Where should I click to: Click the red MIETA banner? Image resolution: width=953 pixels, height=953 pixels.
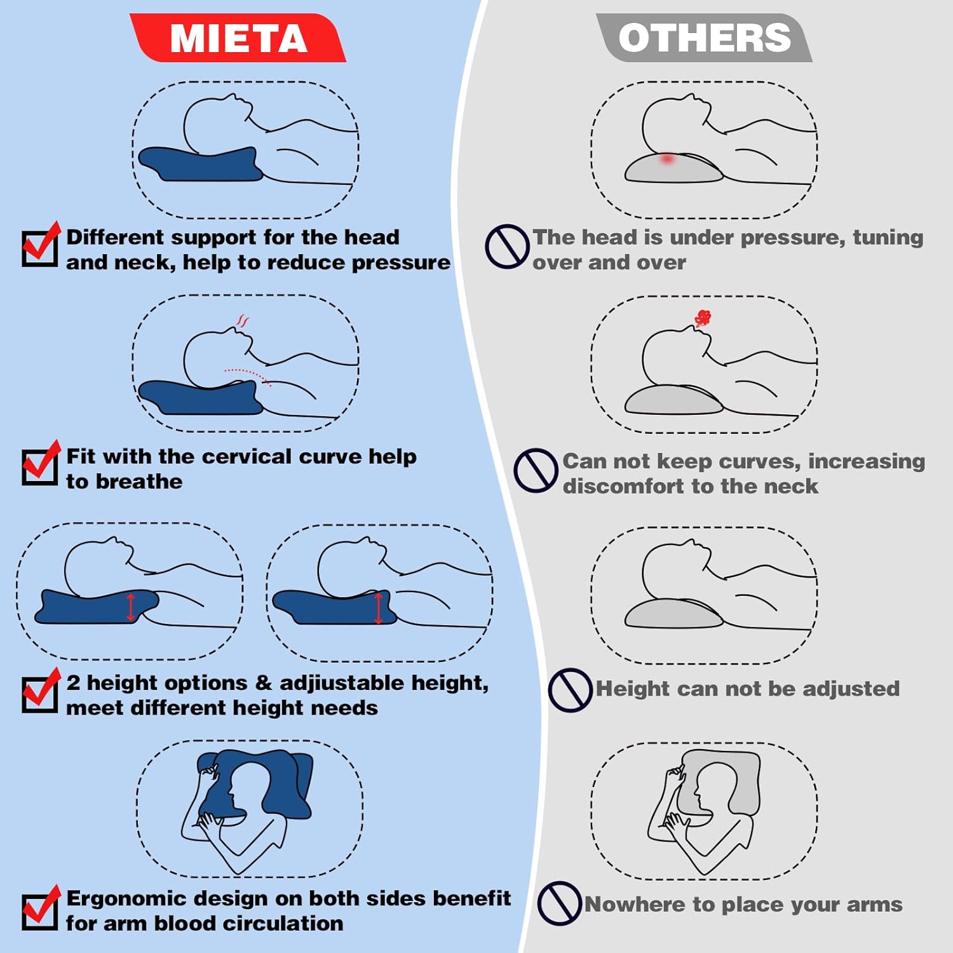pyautogui.click(x=238, y=38)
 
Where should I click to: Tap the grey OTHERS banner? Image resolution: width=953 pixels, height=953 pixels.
pyautogui.click(x=704, y=38)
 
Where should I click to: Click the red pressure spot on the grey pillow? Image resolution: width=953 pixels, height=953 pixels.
pyautogui.click(x=666, y=159)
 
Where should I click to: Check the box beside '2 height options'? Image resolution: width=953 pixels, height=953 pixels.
pyautogui.click(x=40, y=693)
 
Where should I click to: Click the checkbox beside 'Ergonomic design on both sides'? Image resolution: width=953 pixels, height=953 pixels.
pyautogui.click(x=40, y=910)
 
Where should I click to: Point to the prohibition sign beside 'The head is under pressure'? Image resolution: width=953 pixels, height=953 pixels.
pyautogui.click(x=507, y=247)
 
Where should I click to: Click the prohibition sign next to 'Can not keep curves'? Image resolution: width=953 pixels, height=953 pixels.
pyautogui.click(x=536, y=471)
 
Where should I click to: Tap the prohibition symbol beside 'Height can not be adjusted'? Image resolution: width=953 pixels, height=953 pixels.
pyautogui.click(x=570, y=690)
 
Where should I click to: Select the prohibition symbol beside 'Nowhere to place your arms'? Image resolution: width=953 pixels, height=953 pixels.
pyautogui.click(x=559, y=903)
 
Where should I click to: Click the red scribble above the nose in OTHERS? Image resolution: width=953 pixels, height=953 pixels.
pyautogui.click(x=702, y=318)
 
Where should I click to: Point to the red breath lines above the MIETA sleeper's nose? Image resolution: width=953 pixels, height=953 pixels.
pyautogui.click(x=242, y=321)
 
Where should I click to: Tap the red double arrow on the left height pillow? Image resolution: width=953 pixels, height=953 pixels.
pyautogui.click(x=131, y=607)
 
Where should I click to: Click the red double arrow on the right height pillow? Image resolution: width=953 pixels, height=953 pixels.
pyautogui.click(x=379, y=608)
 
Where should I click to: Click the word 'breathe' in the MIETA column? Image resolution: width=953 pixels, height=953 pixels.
pyautogui.click(x=139, y=482)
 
